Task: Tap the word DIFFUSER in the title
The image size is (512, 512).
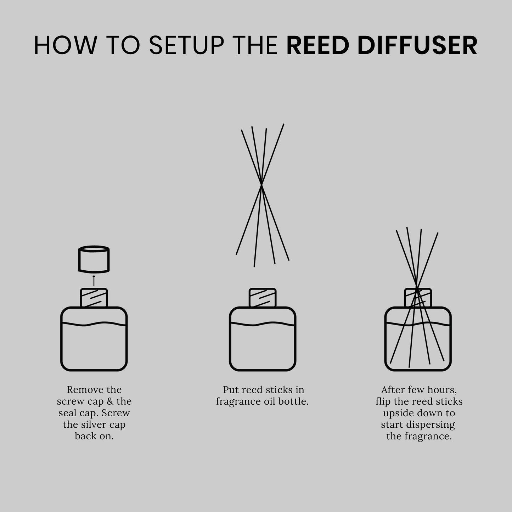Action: (417, 45)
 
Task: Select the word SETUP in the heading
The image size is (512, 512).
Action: (186, 45)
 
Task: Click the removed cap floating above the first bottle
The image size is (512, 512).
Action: (94, 259)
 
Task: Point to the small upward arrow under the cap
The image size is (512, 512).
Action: (94, 280)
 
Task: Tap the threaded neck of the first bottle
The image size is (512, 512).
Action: (94, 298)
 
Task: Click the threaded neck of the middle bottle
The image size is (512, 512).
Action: (263, 298)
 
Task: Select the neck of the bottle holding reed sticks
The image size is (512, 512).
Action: (418, 298)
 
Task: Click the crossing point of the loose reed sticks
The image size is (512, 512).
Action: (262, 185)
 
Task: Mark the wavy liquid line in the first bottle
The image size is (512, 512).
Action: (94, 324)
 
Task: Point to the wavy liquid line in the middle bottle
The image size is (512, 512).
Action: (263, 324)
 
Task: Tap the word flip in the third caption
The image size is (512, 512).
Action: (383, 401)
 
